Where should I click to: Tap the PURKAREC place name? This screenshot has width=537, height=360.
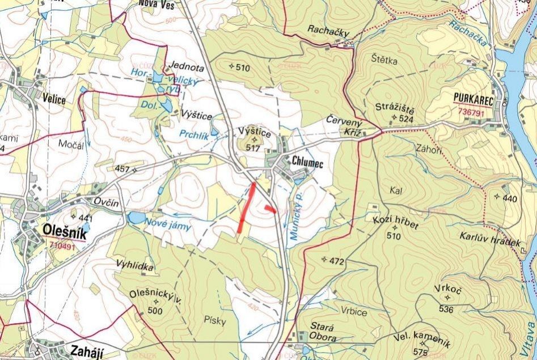(x=473, y=98)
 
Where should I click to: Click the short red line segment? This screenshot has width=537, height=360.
(x=270, y=209)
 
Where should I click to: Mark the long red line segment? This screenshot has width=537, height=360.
(x=247, y=207)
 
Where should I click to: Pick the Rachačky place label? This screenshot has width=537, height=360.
(x=327, y=29)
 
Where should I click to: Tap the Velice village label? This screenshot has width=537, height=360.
(x=54, y=100)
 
